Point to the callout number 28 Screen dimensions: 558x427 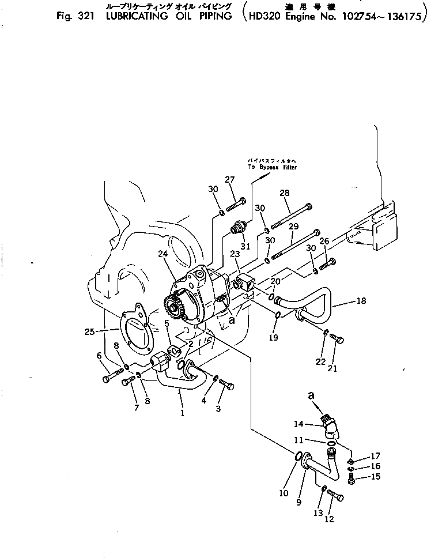[x=285, y=193]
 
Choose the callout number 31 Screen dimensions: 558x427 [x=246, y=247]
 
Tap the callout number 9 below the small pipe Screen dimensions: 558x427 [x=299, y=502]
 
